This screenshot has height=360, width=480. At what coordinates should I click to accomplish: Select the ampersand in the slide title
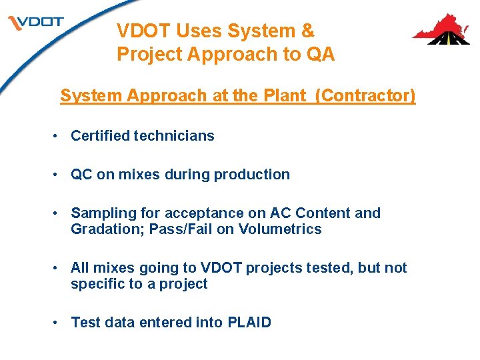click(307, 31)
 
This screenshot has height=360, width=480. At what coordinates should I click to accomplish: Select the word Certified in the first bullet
click(100, 136)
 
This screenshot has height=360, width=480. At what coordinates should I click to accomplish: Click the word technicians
click(174, 136)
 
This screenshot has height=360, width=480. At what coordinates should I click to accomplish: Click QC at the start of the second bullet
click(82, 175)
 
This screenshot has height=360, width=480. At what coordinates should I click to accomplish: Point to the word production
click(256, 175)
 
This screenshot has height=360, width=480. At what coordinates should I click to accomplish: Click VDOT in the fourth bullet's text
click(221, 268)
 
